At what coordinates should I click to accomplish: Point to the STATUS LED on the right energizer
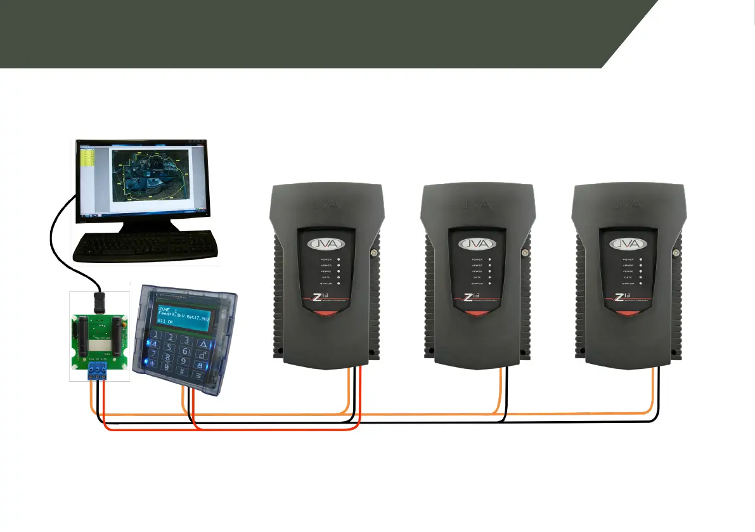pyautogui.click(x=641, y=283)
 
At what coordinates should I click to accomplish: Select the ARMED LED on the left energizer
pyautogui.click(x=339, y=265)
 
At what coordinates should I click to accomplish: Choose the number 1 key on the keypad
pyautogui.click(x=153, y=335)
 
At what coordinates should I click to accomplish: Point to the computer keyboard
pyautogui.click(x=146, y=246)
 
